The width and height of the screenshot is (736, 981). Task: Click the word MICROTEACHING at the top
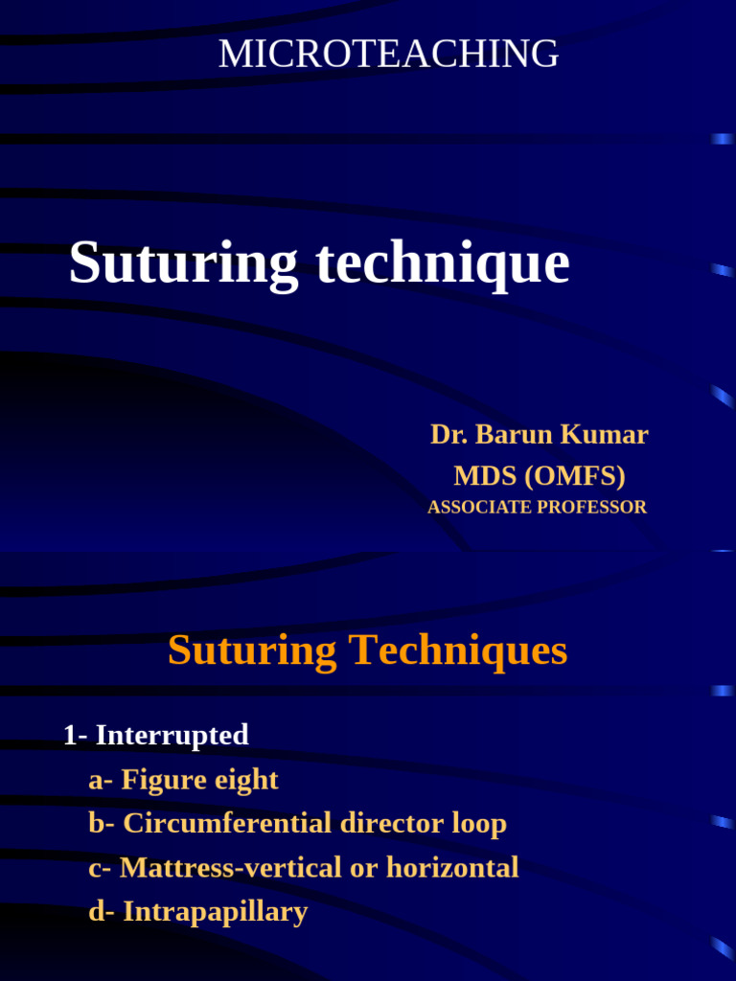click(x=388, y=55)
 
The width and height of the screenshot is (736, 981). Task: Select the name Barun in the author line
click(x=514, y=435)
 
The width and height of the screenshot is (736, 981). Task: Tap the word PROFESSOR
click(x=592, y=508)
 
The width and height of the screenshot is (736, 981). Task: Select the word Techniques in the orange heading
click(x=457, y=651)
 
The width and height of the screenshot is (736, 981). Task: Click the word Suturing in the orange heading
click(x=252, y=651)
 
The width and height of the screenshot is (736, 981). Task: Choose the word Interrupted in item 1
click(x=172, y=736)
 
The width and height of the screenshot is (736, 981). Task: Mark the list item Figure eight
click(x=199, y=780)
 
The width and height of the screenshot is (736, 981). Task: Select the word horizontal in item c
click(x=452, y=868)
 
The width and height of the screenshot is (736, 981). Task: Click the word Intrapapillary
click(x=215, y=912)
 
